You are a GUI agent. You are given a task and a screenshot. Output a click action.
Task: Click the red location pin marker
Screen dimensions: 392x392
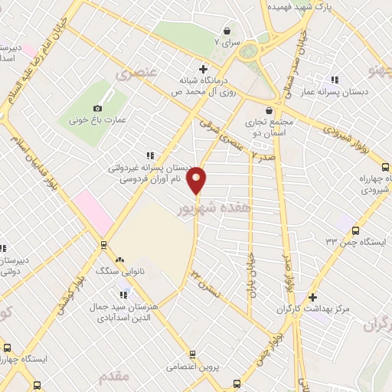pyautogui.click(x=198, y=179)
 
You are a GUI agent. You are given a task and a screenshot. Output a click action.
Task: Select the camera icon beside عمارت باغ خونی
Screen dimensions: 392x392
pyautogui.click(x=97, y=108)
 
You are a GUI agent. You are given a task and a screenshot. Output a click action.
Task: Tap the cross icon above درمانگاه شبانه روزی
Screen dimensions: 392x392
pyautogui.click(x=202, y=67)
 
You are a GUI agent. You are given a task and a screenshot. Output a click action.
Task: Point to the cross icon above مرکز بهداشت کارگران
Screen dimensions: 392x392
pyautogui.click(x=312, y=297)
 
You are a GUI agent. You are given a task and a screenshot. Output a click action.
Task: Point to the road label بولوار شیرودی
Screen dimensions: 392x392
pyautogui.click(x=354, y=138)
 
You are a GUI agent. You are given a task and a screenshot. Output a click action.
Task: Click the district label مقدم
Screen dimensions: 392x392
pyautogui.click(x=114, y=376)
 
